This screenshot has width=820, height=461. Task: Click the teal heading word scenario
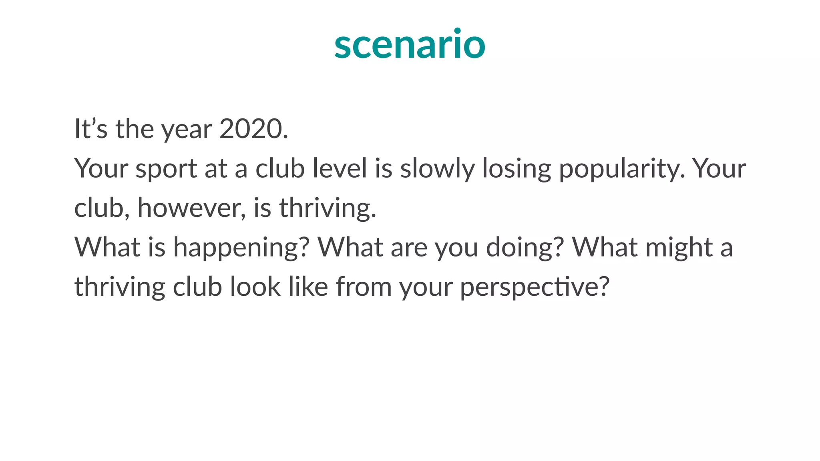tap(410, 44)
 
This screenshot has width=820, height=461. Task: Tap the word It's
tap(91, 129)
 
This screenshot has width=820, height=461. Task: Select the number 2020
tap(253, 129)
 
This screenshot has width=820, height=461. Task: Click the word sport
tap(166, 169)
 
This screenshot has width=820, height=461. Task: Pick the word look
tap(255, 287)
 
